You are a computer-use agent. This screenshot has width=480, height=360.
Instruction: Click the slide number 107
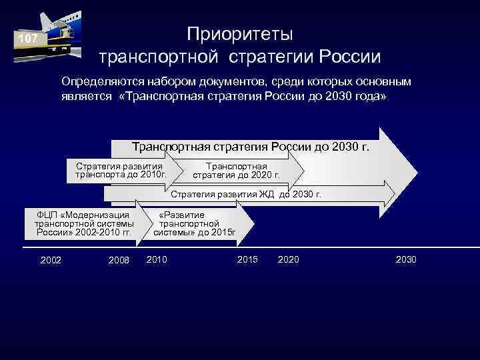[28, 39]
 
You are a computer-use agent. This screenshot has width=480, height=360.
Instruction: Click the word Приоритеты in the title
[239, 33]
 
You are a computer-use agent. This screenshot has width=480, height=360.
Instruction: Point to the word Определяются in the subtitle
[99, 81]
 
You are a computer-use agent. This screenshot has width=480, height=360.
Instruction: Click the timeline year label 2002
[51, 259]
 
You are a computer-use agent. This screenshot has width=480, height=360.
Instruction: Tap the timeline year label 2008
[119, 259]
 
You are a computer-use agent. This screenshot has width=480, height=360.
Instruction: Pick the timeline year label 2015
[247, 259]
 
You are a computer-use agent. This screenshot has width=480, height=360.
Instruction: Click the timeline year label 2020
[288, 259]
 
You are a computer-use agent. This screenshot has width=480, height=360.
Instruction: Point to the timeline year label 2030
[406, 259]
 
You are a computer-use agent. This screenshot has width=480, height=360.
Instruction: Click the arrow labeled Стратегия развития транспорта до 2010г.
[120, 171]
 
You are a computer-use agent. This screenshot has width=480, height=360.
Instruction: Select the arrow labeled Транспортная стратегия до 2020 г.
[237, 171]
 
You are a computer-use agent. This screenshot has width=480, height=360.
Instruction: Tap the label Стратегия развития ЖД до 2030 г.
[246, 195]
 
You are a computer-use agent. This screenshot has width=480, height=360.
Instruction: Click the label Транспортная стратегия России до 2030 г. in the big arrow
[250, 147]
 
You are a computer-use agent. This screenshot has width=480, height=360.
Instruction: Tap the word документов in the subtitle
[230, 81]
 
